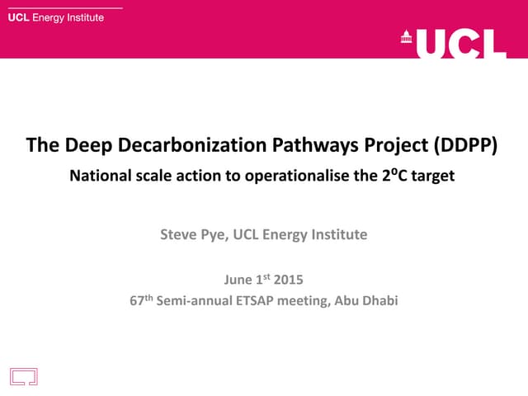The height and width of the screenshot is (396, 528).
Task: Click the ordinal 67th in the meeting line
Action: click(140, 300)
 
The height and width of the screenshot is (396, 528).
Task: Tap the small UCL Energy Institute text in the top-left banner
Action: click(55, 18)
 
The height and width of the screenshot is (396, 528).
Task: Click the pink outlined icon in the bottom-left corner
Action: click(24, 376)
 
